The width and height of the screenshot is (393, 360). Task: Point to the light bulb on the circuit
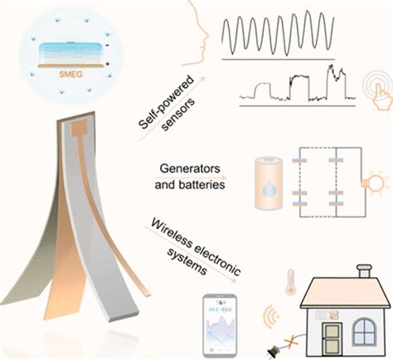point(370,182)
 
